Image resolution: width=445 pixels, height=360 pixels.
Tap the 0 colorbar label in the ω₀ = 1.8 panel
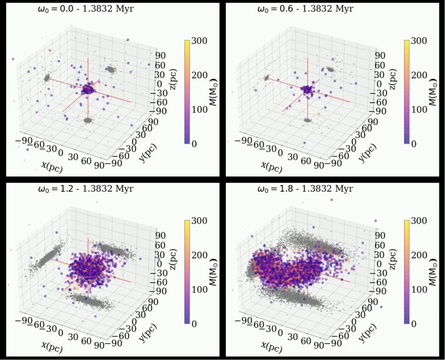[x=414, y=324]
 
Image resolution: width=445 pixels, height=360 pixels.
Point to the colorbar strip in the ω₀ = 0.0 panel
[x=187, y=92]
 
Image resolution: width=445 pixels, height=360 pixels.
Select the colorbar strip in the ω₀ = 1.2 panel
[x=187, y=273]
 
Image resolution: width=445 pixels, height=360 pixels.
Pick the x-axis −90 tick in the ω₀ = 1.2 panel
[x=23, y=320]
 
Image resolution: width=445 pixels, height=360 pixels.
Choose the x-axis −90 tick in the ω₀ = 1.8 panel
[x=243, y=320]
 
